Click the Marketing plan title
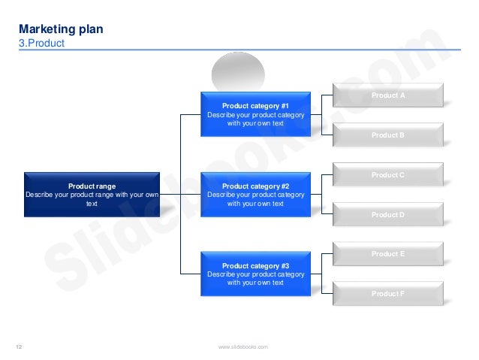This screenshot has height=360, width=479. pyautogui.click(x=61, y=29)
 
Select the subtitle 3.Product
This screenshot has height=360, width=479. pyautogui.click(x=41, y=44)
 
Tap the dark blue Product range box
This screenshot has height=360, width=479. pyautogui.click(x=92, y=194)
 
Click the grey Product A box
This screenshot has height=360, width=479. pyautogui.click(x=388, y=95)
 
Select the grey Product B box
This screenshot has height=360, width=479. pyautogui.click(x=388, y=135)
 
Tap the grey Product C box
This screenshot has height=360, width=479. pyautogui.click(x=388, y=175)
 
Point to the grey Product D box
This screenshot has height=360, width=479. pyautogui.click(x=388, y=215)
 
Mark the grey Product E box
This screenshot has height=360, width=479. pyautogui.click(x=388, y=254)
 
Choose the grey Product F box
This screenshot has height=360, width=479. pyautogui.click(x=388, y=294)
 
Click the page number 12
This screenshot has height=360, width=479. pyautogui.click(x=20, y=346)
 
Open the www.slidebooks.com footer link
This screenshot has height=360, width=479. pyautogui.click(x=243, y=346)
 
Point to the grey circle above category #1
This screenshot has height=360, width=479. pyautogui.click(x=238, y=73)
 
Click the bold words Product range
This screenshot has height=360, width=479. pyautogui.click(x=92, y=186)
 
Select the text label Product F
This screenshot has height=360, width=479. pyautogui.click(x=388, y=294)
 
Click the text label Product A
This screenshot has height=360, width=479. pyautogui.click(x=388, y=95)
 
